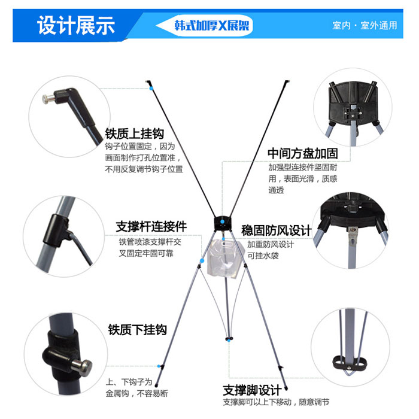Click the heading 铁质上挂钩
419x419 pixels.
coord(134,133)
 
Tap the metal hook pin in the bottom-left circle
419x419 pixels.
coord(84,366)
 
